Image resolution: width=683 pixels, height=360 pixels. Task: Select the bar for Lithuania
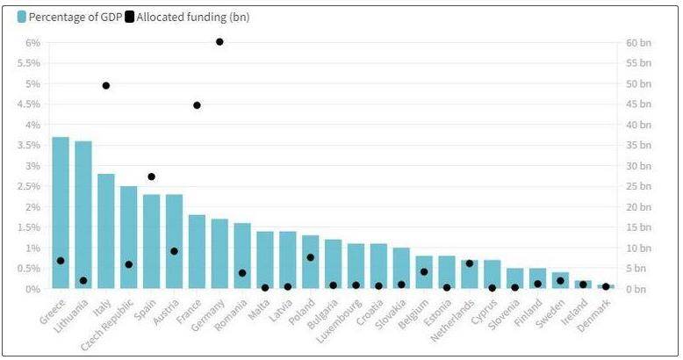pyautogui.click(x=83, y=214)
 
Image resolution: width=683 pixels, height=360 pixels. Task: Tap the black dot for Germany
pyautogui.click(x=219, y=41)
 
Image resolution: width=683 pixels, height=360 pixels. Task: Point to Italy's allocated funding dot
pyautogui.click(x=106, y=85)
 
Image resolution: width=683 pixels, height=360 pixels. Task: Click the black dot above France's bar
pyautogui.click(x=197, y=105)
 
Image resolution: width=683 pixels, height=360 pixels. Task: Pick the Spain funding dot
pyautogui.click(x=152, y=176)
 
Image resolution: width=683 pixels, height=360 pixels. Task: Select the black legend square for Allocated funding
pyautogui.click(x=130, y=17)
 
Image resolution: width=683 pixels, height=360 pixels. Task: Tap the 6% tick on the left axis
pyautogui.click(x=32, y=43)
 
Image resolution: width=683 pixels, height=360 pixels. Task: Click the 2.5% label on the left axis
pyautogui.click(x=30, y=187)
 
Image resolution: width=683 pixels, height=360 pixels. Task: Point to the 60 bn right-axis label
pyautogui.click(x=640, y=43)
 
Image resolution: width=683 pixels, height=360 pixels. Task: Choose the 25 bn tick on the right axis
pyautogui.click(x=640, y=187)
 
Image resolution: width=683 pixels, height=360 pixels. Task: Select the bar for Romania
pyautogui.click(x=242, y=256)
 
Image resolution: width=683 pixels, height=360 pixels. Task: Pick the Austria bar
pyautogui.click(x=174, y=241)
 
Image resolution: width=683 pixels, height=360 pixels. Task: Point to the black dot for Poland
pyautogui.click(x=311, y=257)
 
